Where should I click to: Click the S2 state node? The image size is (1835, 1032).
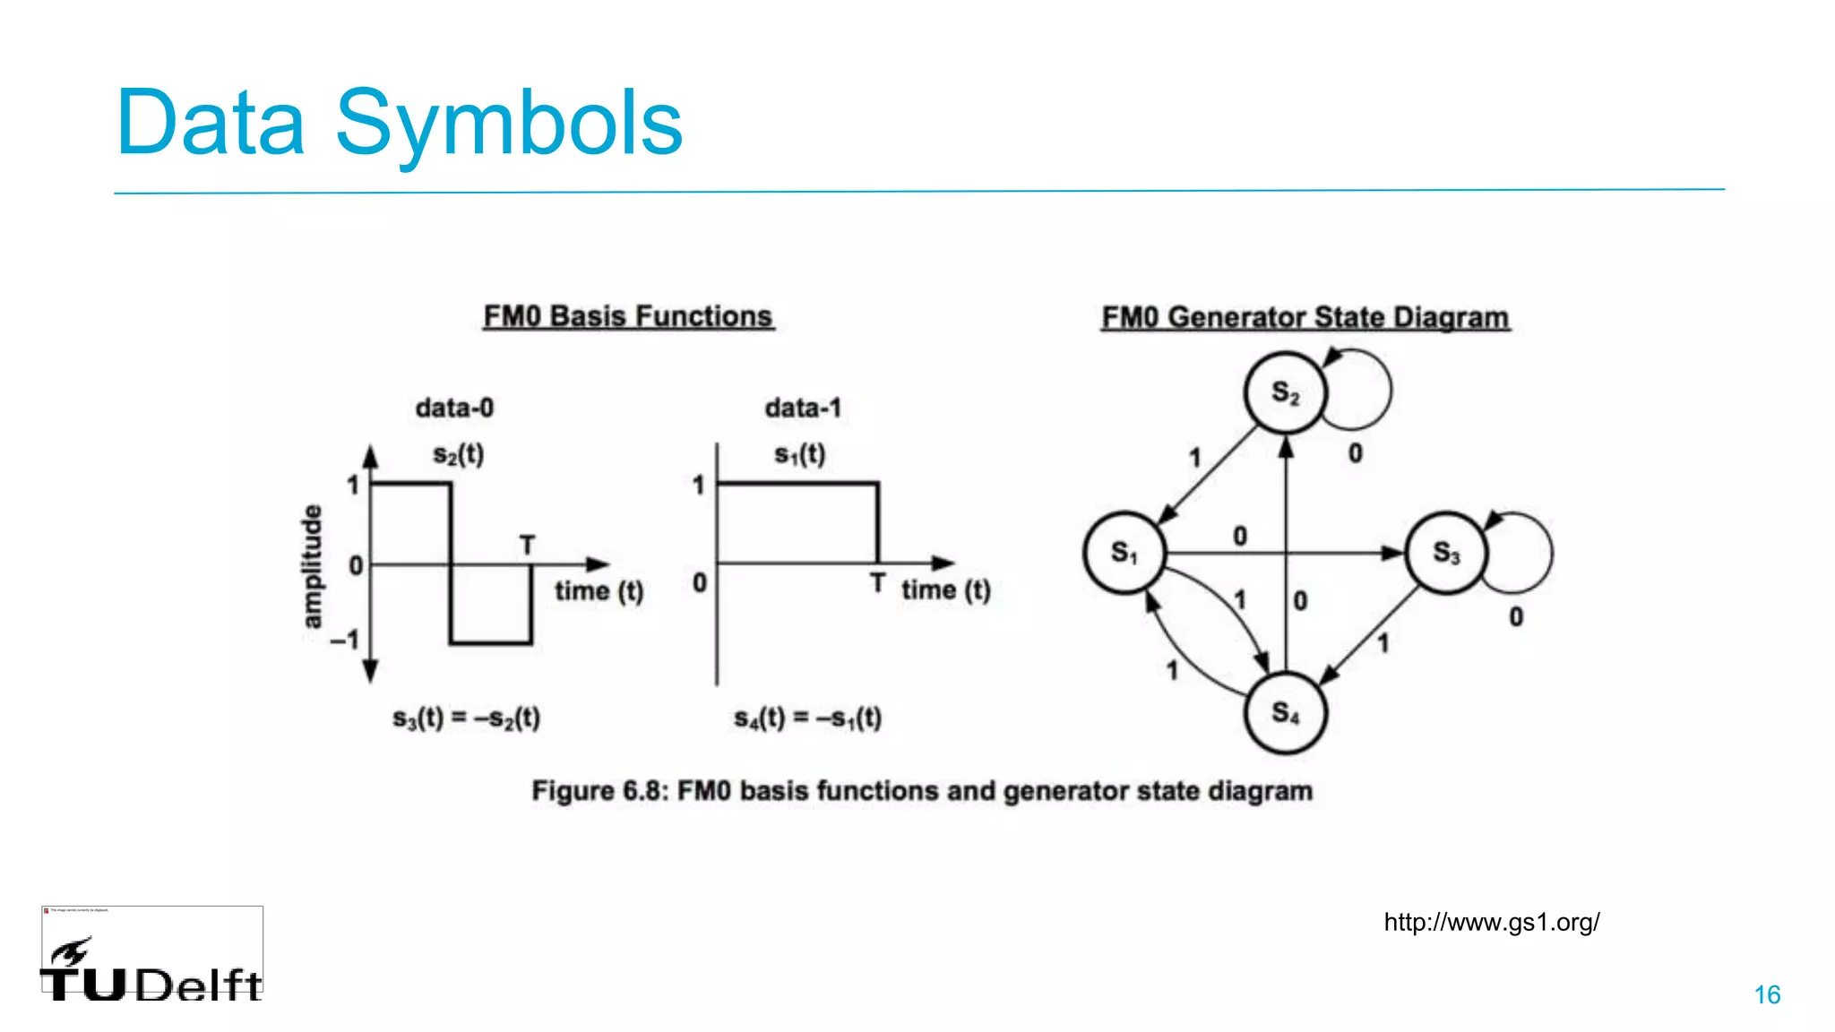point(1285,392)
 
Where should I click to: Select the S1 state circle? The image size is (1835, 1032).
point(1124,553)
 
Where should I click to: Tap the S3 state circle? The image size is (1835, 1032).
point(1445,553)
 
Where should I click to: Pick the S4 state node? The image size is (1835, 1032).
point(1285,713)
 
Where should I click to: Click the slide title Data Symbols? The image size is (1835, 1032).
point(399,123)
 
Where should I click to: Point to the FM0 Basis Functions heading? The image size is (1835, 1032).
point(628,316)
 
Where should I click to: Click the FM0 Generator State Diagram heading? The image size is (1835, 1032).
point(1305,317)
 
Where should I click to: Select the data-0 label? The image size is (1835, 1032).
point(454,408)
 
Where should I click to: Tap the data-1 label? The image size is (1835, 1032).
point(803,408)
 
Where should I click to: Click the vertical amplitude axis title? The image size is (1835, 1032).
point(311,566)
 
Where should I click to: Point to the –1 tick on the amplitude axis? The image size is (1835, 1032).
point(345,640)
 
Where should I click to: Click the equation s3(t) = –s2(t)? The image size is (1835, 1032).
point(466,718)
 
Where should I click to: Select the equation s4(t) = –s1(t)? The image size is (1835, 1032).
point(807,718)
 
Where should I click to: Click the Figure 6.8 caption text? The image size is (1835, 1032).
point(922,791)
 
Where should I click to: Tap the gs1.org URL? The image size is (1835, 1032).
point(1491,922)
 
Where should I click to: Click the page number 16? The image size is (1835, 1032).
point(1767,994)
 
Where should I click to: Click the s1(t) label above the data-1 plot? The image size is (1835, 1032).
point(799,454)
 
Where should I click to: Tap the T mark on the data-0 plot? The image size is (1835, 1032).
point(527,545)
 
